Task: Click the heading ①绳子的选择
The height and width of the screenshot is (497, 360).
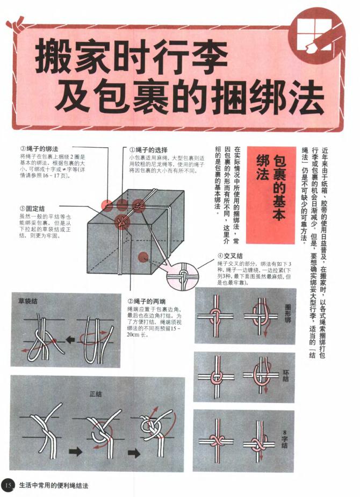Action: click(148, 149)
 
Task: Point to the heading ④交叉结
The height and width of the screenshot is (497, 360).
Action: click(230, 256)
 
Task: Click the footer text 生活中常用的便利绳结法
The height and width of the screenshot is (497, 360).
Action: click(53, 485)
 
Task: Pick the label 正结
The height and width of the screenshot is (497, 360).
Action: click(96, 394)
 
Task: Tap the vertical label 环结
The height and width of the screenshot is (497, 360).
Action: click(285, 375)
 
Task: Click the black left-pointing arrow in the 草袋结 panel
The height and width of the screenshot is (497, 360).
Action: click(70, 339)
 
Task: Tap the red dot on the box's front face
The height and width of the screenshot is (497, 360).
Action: click(143, 257)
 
